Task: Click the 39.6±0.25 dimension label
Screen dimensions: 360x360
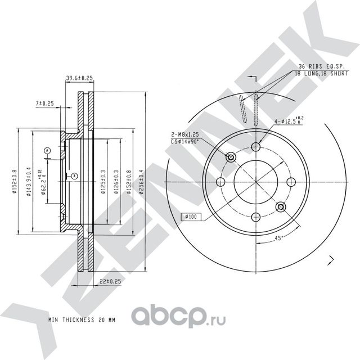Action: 79,78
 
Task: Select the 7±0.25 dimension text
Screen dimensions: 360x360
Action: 44,103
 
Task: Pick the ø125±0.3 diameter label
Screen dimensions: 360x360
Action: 103,182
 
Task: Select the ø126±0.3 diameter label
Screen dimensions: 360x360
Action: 116,182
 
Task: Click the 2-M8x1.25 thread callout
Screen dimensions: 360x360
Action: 185,136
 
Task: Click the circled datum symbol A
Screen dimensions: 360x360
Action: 47,150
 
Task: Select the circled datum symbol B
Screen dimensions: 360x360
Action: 74,177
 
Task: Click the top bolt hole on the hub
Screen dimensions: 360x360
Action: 256,147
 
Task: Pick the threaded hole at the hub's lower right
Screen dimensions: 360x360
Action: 281,208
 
